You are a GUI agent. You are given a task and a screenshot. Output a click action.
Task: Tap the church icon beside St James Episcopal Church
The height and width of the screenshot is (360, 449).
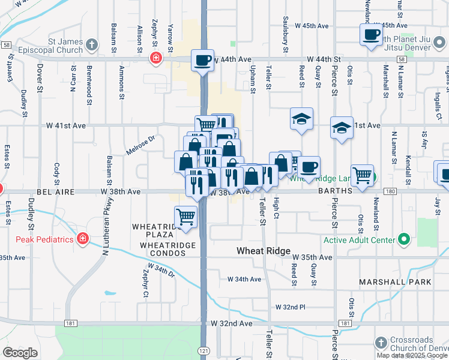tap(92, 44)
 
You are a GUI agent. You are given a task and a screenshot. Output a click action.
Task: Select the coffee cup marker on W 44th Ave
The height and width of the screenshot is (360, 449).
tap(203, 60)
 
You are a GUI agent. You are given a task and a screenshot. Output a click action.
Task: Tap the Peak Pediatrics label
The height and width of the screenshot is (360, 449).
tap(44, 239)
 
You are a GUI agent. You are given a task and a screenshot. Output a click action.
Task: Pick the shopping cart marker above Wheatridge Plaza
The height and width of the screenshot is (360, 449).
tap(186, 217)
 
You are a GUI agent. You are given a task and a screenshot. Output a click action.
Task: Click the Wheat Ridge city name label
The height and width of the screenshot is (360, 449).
tap(264, 251)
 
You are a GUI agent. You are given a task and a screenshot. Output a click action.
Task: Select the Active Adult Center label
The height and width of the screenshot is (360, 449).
tap(360, 240)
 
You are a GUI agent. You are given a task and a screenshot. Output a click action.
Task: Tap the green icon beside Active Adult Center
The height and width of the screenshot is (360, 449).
tap(403, 240)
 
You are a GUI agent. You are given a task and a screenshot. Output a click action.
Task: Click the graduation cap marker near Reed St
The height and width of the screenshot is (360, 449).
tap(301, 119)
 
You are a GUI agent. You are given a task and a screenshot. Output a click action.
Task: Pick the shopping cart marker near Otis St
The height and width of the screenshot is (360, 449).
tap(363, 175)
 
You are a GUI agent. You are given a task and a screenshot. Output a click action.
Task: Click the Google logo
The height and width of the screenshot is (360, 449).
tap(20, 353)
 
